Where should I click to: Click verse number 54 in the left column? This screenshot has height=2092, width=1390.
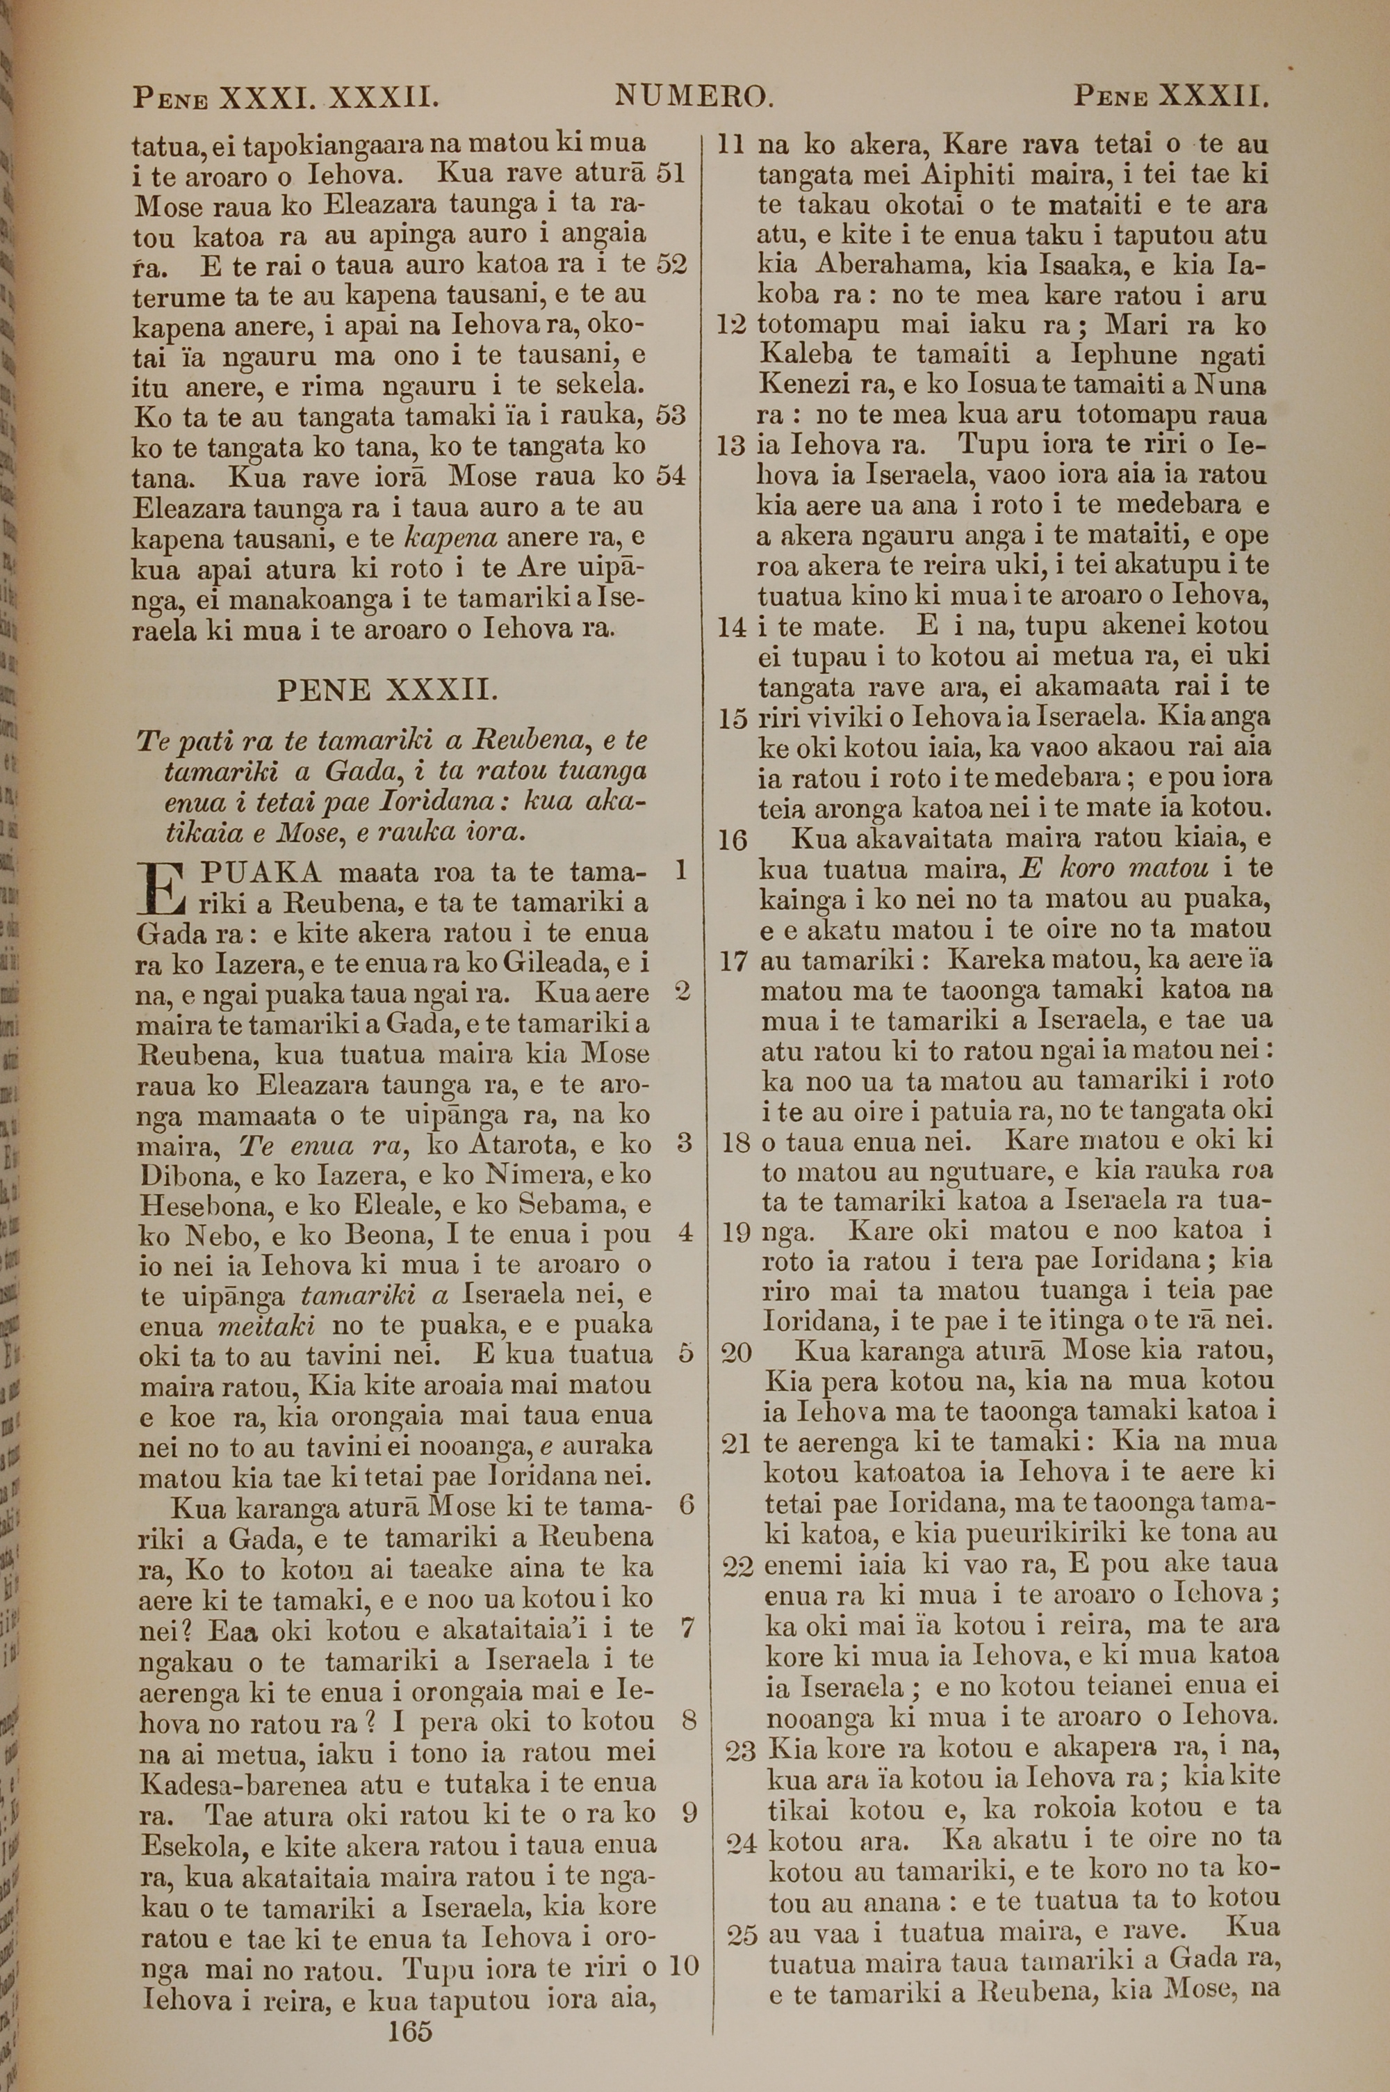click(x=671, y=476)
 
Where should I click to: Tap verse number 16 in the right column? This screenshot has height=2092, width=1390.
click(x=733, y=840)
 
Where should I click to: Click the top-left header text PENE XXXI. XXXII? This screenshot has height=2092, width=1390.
click(x=286, y=96)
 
